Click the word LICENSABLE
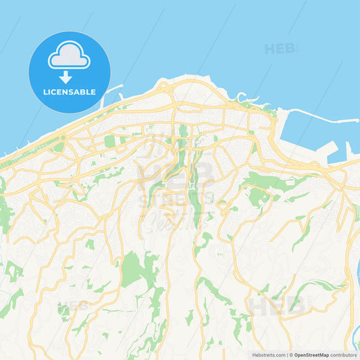point(69,92)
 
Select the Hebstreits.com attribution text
point(269,355)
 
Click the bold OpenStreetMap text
point(311,355)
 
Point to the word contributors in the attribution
point(343,355)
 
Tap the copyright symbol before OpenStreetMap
point(290,355)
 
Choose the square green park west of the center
point(109,141)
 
